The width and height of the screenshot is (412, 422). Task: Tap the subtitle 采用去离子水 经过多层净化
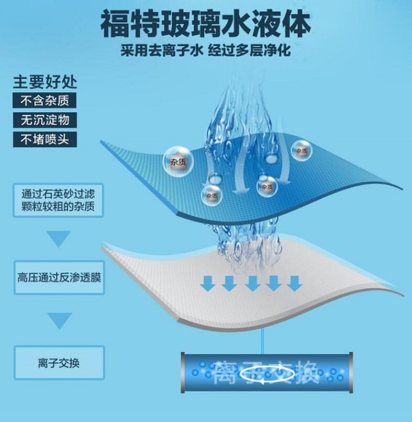click(205, 51)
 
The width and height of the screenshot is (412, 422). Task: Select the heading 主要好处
click(45, 82)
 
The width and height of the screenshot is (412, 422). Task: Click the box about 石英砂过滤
click(58, 201)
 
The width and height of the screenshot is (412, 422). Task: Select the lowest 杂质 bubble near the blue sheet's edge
click(211, 195)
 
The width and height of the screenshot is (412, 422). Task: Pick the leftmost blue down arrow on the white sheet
click(208, 283)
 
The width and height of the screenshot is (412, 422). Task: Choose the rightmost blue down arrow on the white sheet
click(294, 283)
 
